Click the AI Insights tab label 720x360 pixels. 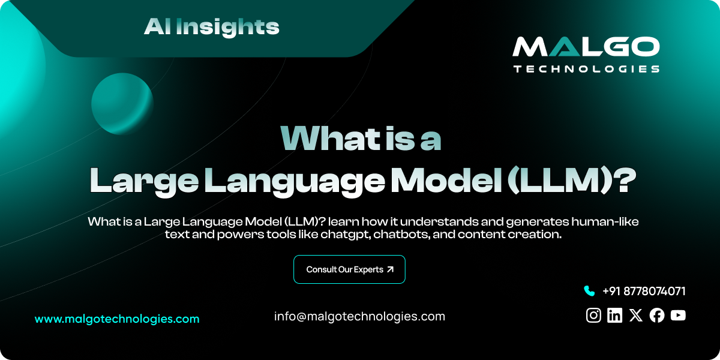click(211, 26)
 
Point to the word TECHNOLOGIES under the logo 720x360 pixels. click(586, 69)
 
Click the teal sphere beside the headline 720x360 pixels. click(122, 103)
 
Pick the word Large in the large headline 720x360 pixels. click(142, 180)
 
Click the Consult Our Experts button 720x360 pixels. click(349, 269)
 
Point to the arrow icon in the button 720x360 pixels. click(391, 269)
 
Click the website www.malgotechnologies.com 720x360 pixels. click(117, 319)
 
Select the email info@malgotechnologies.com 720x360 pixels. click(359, 316)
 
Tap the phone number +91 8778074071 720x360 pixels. click(644, 292)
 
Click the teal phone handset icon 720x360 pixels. click(589, 291)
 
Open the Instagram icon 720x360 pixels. click(593, 316)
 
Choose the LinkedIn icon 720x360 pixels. click(614, 316)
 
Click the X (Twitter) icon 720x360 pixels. click(636, 316)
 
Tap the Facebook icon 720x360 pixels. click(657, 316)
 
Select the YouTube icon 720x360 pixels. click(678, 316)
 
